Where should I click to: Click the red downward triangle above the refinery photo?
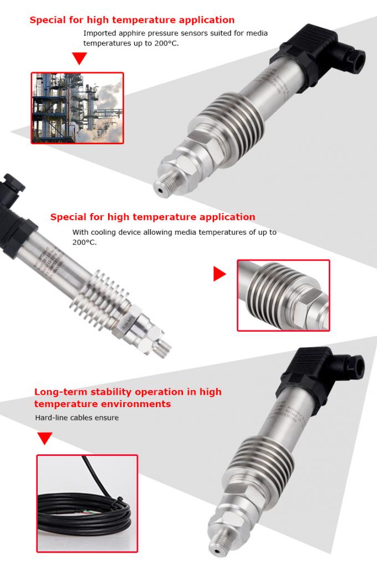click(80, 58)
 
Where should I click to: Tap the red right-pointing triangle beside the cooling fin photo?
click(220, 273)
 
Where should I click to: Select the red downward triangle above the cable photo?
click(44, 439)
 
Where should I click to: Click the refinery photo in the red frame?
click(77, 108)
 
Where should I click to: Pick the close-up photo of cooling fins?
click(283, 295)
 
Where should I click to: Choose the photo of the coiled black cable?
click(87, 503)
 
